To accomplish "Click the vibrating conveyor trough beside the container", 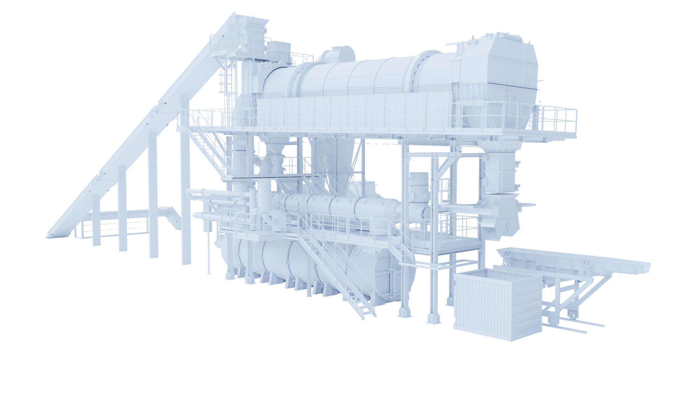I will [x=573, y=259].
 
